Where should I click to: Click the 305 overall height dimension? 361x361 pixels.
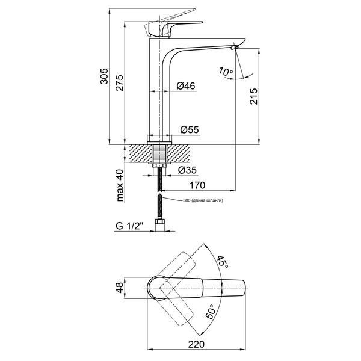pos(104,76)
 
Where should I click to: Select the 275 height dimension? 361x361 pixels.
pos(120,82)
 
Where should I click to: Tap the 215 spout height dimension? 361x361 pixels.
pos(254,96)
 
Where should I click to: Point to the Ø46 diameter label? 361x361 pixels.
pos(186,86)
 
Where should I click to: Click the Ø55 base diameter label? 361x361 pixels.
pos(190,129)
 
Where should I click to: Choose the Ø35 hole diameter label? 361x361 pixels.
pos(187,170)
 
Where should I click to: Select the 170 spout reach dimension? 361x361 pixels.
pos(197,185)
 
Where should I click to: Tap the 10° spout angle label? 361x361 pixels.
pos(226,72)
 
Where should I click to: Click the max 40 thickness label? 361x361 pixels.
pos(120,185)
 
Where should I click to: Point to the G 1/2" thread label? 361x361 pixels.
pos(129,226)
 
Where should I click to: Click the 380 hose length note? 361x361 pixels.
pos(203,200)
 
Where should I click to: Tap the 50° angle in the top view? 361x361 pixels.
pos(210,312)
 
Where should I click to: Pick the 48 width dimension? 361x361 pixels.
pos(120,288)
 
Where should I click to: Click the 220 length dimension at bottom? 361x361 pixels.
pos(196,344)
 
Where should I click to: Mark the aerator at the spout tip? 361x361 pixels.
pos(235,47)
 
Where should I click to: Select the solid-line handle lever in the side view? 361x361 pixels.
pos(175,29)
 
